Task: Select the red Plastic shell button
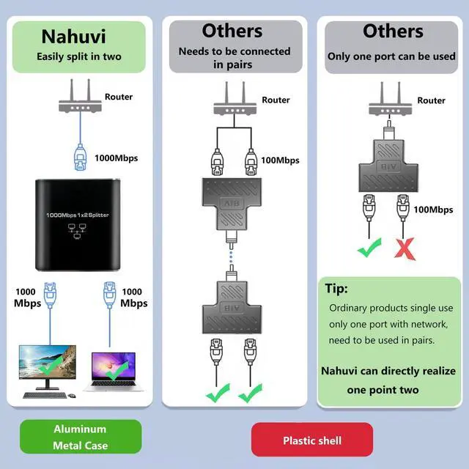click(312, 440)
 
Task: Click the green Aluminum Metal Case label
click(81, 437)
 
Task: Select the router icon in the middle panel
click(234, 104)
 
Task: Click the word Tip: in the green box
click(336, 289)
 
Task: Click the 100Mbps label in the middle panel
click(279, 160)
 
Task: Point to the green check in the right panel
click(369, 249)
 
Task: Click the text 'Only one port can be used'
click(391, 56)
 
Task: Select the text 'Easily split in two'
click(79, 57)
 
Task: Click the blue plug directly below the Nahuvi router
click(80, 156)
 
